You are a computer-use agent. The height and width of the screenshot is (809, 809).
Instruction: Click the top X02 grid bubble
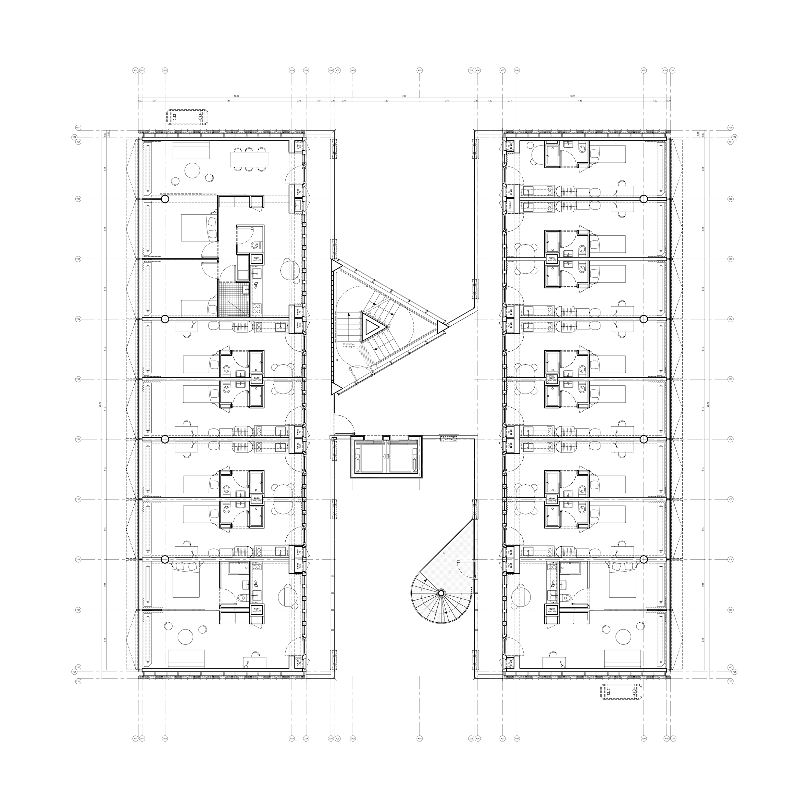click(165, 71)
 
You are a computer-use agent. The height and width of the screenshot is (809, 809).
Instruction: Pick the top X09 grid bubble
click(644, 71)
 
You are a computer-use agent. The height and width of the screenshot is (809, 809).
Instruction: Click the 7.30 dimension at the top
click(404, 96)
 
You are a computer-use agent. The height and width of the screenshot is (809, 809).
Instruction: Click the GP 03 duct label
click(298, 312)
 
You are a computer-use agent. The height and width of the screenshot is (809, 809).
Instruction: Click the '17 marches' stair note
click(348, 344)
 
